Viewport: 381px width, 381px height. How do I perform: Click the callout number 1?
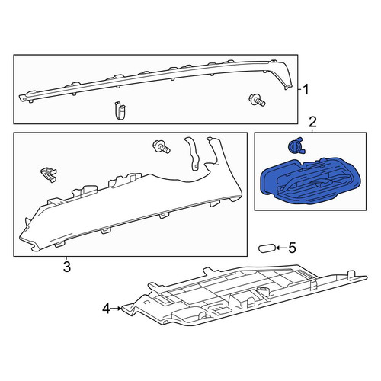[x=306, y=90]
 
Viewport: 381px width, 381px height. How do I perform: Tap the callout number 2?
[x=312, y=122]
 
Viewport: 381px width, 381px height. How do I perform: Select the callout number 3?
[x=66, y=267]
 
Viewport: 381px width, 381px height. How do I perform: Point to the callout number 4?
[x=106, y=309]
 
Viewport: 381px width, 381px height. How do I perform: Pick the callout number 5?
[x=292, y=248]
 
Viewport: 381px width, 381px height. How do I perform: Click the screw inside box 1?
[x=257, y=100]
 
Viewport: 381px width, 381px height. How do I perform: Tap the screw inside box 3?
[x=162, y=147]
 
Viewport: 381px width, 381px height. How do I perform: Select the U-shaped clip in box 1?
[x=120, y=110]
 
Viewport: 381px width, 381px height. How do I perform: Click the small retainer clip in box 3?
[x=48, y=174]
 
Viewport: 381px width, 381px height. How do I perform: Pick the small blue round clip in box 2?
[x=296, y=146]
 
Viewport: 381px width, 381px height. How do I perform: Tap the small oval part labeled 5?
[x=267, y=248]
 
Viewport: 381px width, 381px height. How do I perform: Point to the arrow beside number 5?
[x=281, y=248]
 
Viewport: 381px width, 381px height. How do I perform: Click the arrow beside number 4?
[x=117, y=309]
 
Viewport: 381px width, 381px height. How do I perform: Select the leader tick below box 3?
[x=66, y=258]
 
